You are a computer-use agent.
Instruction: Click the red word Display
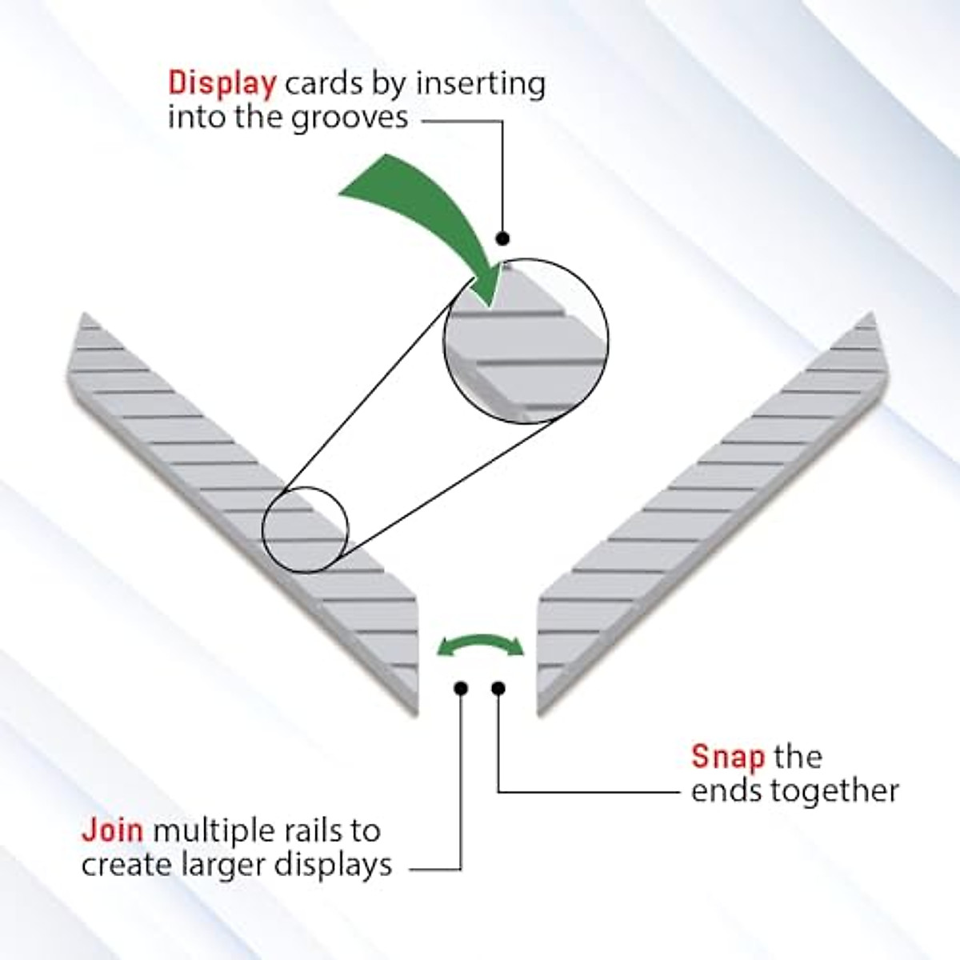pyautogui.click(x=222, y=84)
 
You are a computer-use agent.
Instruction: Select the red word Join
pyautogui.click(x=112, y=830)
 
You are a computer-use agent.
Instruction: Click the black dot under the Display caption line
pyautogui.click(x=502, y=238)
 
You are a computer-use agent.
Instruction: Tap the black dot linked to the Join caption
pyautogui.click(x=460, y=688)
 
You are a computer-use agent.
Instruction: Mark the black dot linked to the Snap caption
pyautogui.click(x=498, y=688)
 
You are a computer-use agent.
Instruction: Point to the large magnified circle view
pyautogui.click(x=526, y=340)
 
